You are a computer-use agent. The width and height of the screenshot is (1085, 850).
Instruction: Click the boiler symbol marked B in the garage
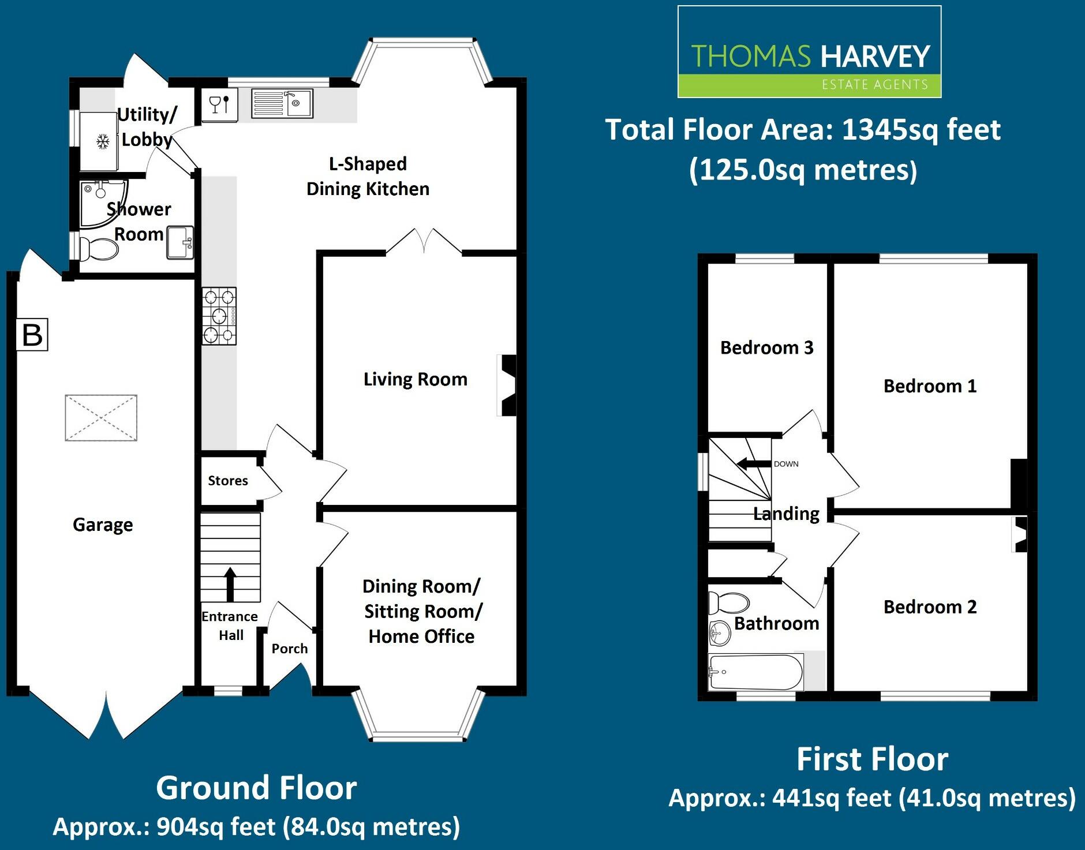point(32,335)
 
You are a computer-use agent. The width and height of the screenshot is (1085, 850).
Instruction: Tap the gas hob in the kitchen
point(219,316)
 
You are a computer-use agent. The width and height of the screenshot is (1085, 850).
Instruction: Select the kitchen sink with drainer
point(282,104)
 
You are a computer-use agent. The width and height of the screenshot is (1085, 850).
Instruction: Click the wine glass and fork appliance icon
point(220,104)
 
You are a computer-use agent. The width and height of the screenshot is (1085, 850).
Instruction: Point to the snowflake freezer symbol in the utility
point(103,141)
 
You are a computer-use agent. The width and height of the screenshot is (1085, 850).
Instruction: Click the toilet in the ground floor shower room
point(98,249)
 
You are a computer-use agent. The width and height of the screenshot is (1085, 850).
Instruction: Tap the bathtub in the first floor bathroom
point(755,672)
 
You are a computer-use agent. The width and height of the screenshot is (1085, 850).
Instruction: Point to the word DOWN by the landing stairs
point(786,464)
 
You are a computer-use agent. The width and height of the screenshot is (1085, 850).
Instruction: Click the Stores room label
point(228,481)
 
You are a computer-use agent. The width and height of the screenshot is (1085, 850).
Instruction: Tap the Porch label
point(290,649)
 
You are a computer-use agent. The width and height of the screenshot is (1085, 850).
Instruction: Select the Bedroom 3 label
point(766,347)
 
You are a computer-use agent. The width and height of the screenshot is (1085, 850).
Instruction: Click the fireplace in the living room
point(507,385)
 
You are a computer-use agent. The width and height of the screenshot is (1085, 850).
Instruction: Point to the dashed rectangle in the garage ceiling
point(101,418)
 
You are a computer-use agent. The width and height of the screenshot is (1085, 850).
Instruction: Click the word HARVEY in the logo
point(875,57)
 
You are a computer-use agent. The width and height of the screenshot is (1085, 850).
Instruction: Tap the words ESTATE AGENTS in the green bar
point(874,85)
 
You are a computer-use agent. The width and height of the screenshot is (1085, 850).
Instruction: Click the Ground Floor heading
point(256,788)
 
